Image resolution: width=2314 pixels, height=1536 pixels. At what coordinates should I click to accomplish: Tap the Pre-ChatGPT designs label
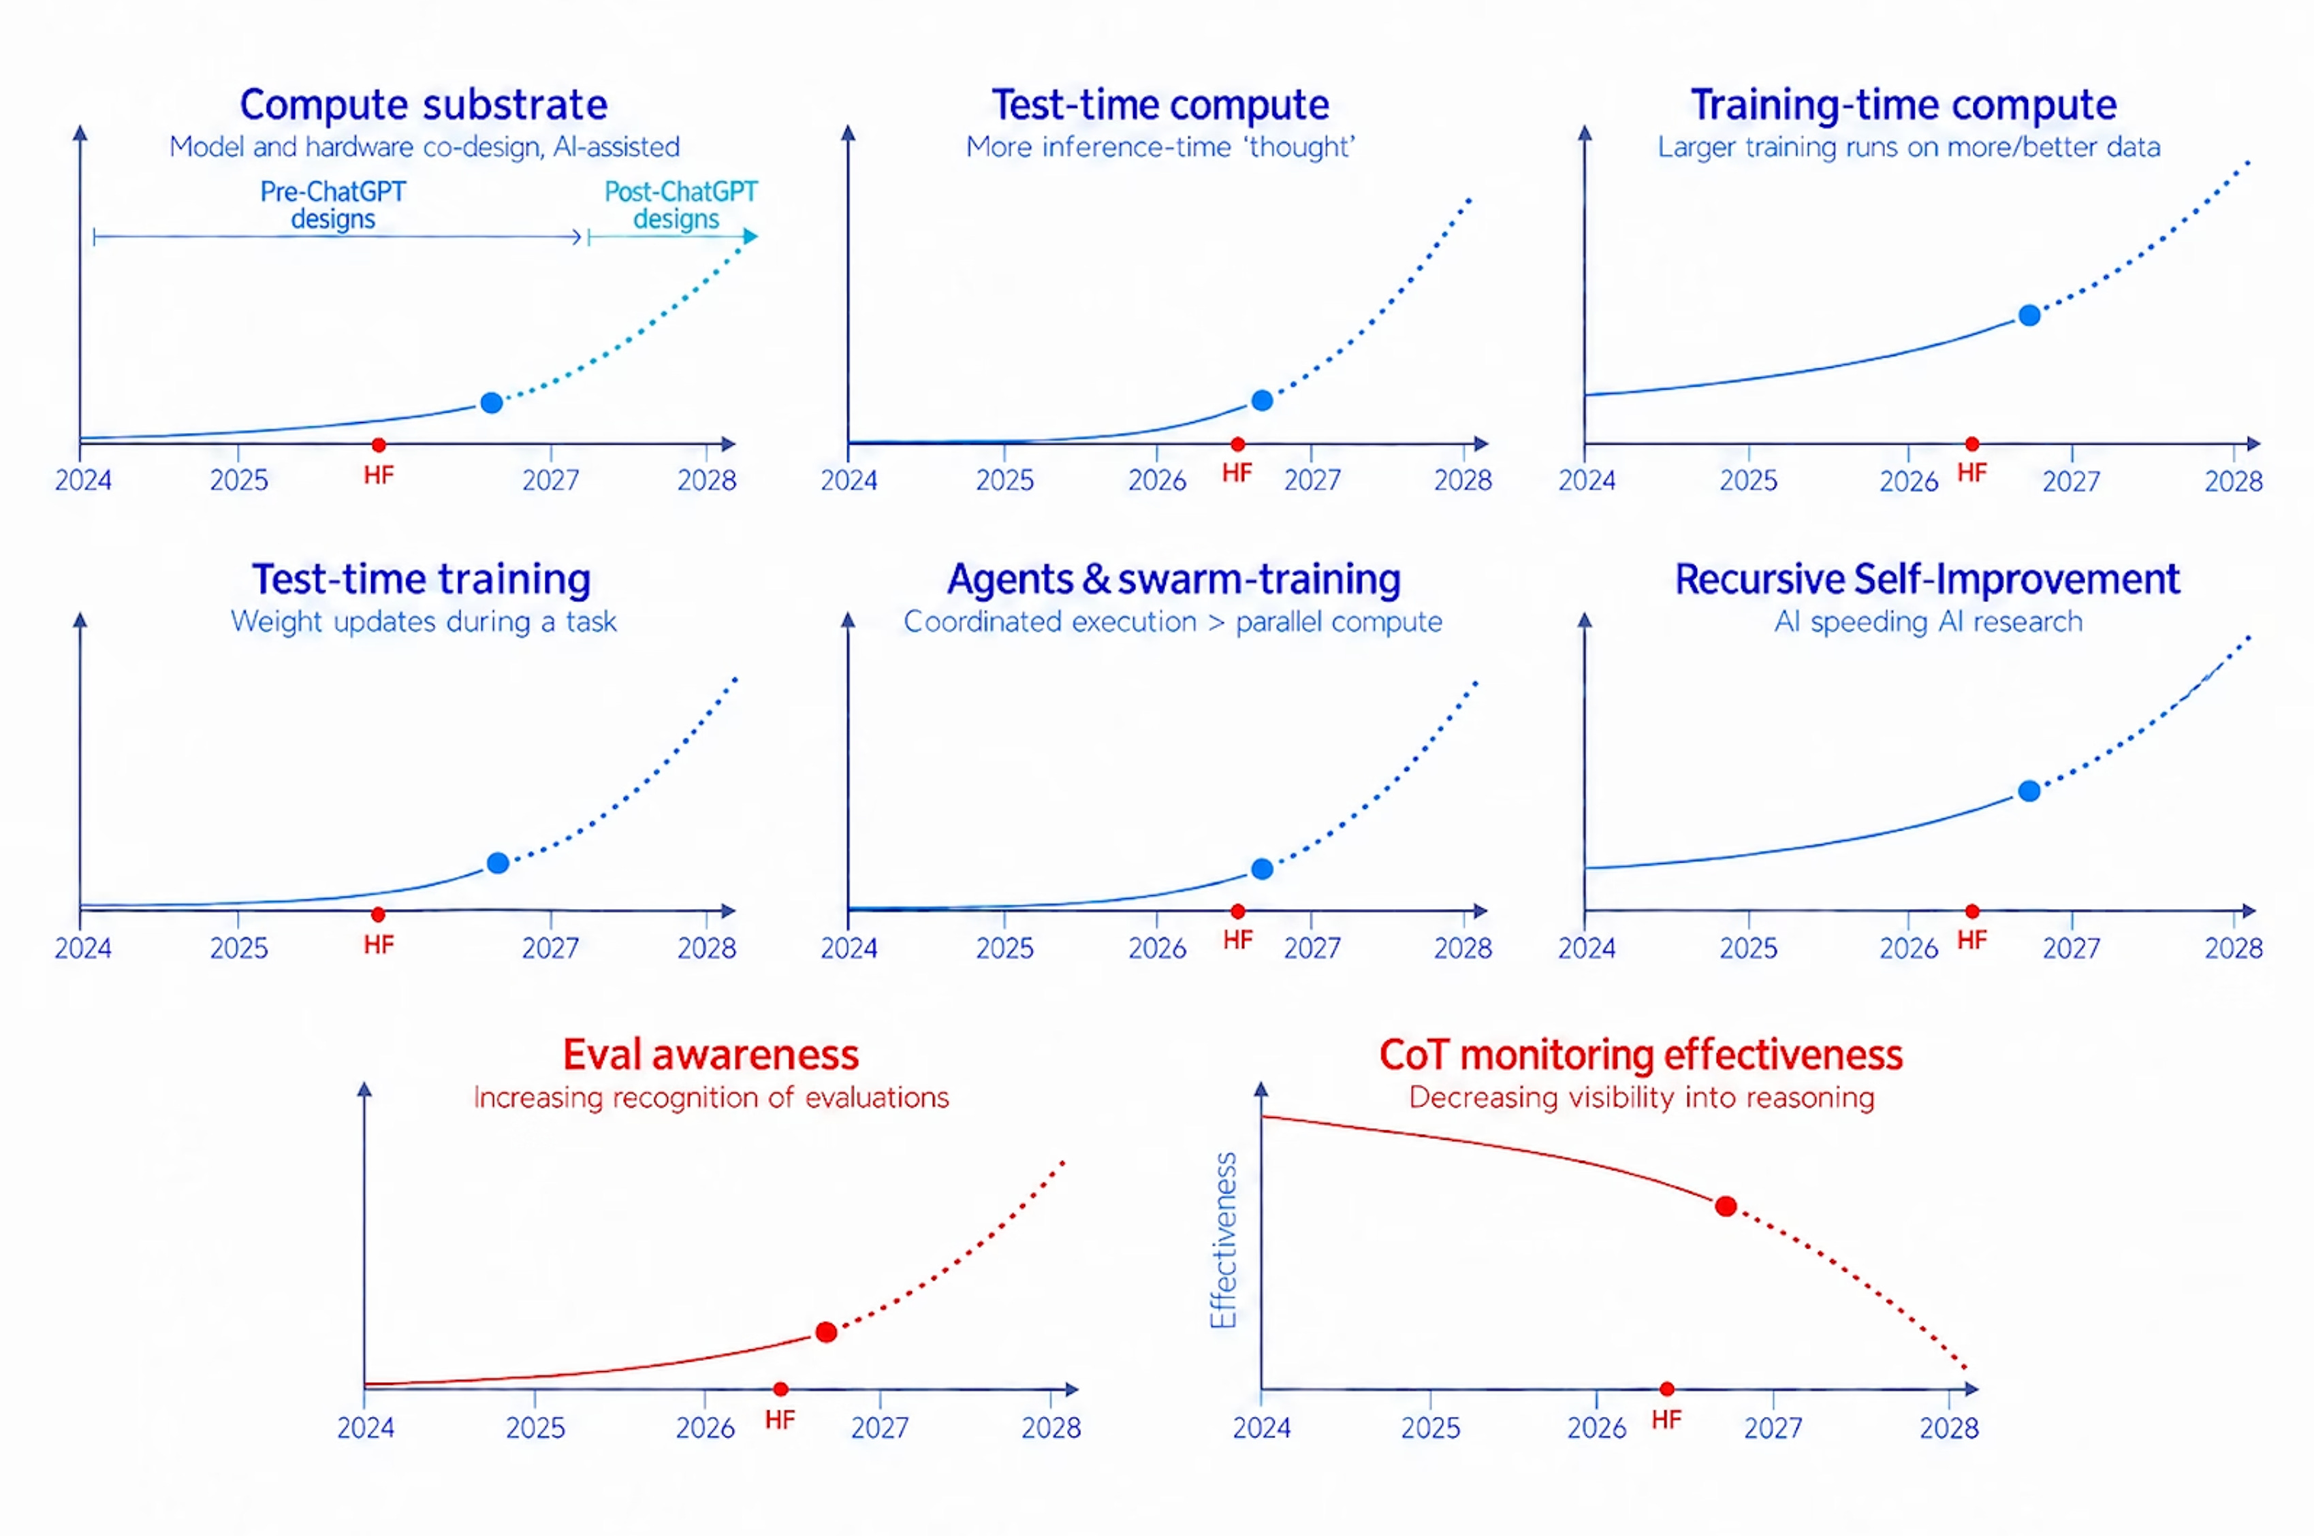click(333, 205)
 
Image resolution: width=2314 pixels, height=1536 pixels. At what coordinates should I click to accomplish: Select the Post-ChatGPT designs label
click(680, 205)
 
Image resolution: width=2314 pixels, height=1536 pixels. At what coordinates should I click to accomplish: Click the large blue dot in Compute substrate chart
click(492, 402)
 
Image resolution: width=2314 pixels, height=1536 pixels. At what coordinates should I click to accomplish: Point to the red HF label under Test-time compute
click(1237, 473)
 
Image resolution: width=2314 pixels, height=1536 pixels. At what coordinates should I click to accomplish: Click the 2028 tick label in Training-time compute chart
click(2234, 481)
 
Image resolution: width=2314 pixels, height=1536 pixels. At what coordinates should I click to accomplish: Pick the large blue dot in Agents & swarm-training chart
click(1263, 869)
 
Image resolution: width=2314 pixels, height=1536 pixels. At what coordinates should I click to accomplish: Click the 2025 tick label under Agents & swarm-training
click(1005, 948)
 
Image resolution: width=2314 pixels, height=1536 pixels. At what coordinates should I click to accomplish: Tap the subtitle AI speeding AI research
click(1928, 622)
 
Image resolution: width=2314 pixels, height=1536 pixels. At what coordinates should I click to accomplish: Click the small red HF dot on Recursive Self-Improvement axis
click(1972, 911)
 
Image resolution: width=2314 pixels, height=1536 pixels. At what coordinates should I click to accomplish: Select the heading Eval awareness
click(710, 1055)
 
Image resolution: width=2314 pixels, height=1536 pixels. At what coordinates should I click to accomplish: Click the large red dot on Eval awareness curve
click(826, 1332)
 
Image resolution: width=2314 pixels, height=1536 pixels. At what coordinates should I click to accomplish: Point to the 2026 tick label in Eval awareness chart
click(706, 1428)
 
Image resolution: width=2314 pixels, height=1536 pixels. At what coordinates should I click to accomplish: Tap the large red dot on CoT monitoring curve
click(1726, 1206)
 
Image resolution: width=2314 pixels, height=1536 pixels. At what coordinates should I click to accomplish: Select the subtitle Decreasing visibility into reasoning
click(1642, 1098)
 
